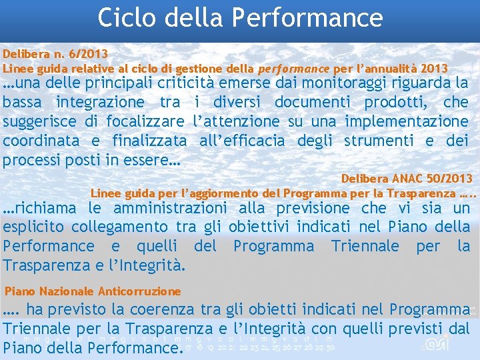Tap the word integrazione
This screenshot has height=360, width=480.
click(100, 102)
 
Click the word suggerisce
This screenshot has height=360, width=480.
click(39, 121)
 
